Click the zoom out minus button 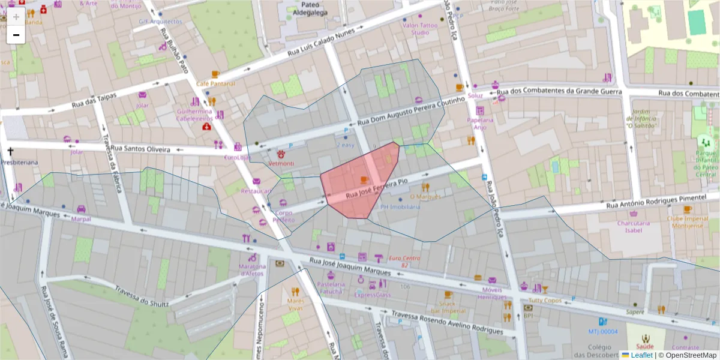(16, 35)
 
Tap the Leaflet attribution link (642, 355)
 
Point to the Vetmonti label (281, 164)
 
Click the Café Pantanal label (215, 83)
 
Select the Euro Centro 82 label (404, 261)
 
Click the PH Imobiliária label (400, 206)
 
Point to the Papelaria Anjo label (479, 124)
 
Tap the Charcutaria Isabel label (634, 226)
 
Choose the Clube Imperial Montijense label (687, 222)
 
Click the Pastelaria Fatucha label (331, 287)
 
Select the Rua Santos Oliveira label (140, 149)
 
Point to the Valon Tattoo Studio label (420, 29)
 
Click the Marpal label (80, 218)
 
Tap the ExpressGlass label (372, 295)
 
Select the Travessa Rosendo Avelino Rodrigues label (446, 322)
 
